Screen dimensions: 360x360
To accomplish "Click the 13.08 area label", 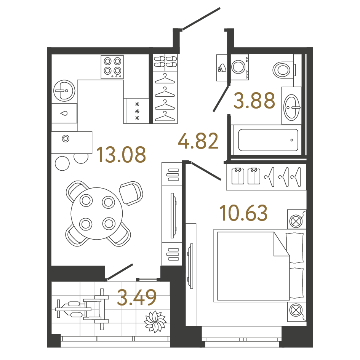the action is (121, 155).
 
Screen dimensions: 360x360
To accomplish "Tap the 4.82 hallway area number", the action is (198, 141).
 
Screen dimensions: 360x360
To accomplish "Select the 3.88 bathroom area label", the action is (254, 100).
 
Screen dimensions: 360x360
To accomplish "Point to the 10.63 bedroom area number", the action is (243, 213).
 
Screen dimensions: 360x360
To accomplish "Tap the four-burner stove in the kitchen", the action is (112, 67).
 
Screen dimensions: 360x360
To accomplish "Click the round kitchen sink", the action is (64, 91).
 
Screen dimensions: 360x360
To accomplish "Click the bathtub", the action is (268, 140).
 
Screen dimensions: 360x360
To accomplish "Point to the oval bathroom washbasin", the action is (292, 107).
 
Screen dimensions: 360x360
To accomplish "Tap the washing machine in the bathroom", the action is (240, 67).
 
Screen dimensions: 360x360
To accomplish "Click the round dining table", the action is (97, 213).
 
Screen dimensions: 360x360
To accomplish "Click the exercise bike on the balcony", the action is (82, 309).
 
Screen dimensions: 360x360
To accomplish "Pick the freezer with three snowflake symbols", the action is (137, 111).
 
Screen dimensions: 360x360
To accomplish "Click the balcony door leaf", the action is (120, 272).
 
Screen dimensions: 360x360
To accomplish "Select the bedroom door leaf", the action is (206, 171).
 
